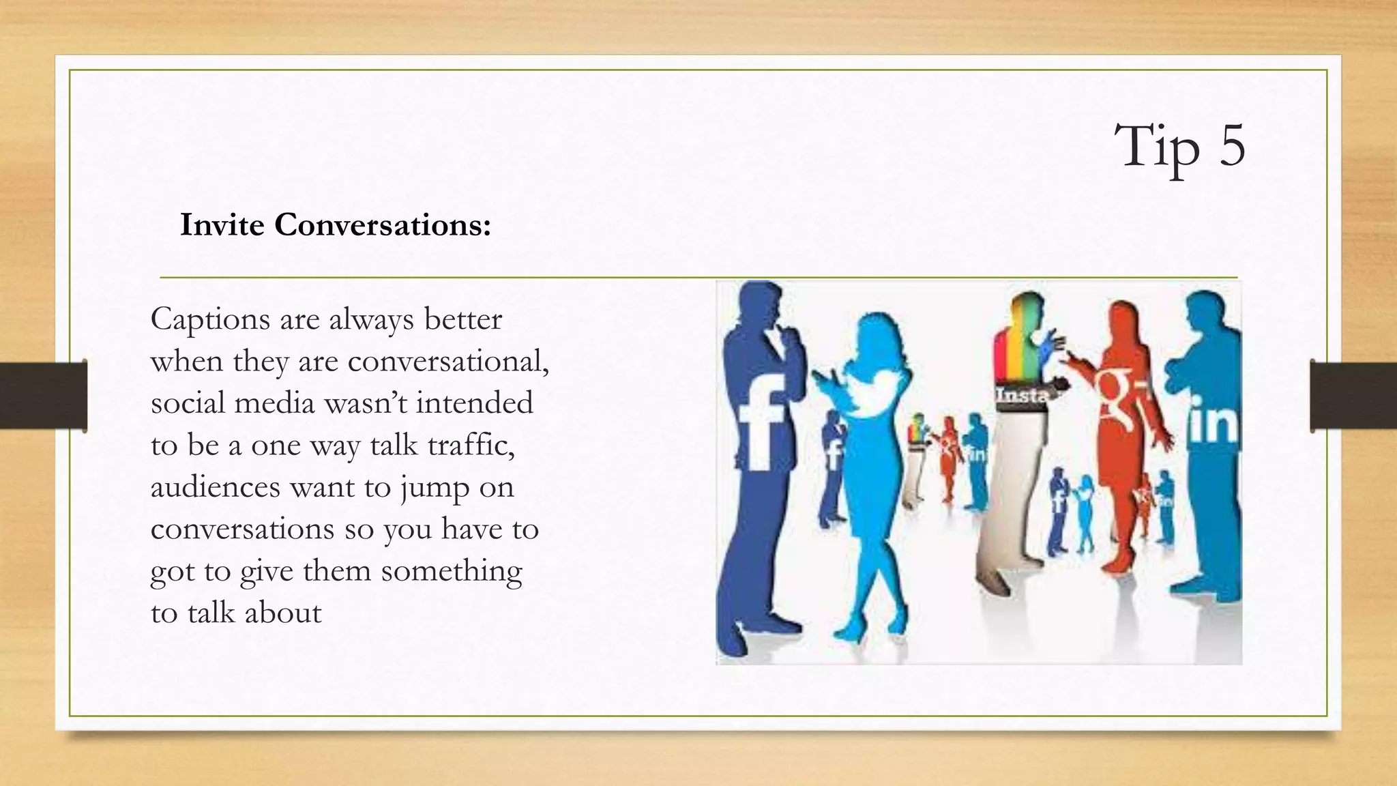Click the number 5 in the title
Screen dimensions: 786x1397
pyautogui.click(x=1232, y=145)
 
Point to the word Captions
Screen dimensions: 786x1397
pyautogui.click(x=210, y=319)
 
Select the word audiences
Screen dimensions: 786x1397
pyautogui.click(x=215, y=487)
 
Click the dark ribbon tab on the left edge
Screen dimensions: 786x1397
pyautogui.click(x=44, y=396)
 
